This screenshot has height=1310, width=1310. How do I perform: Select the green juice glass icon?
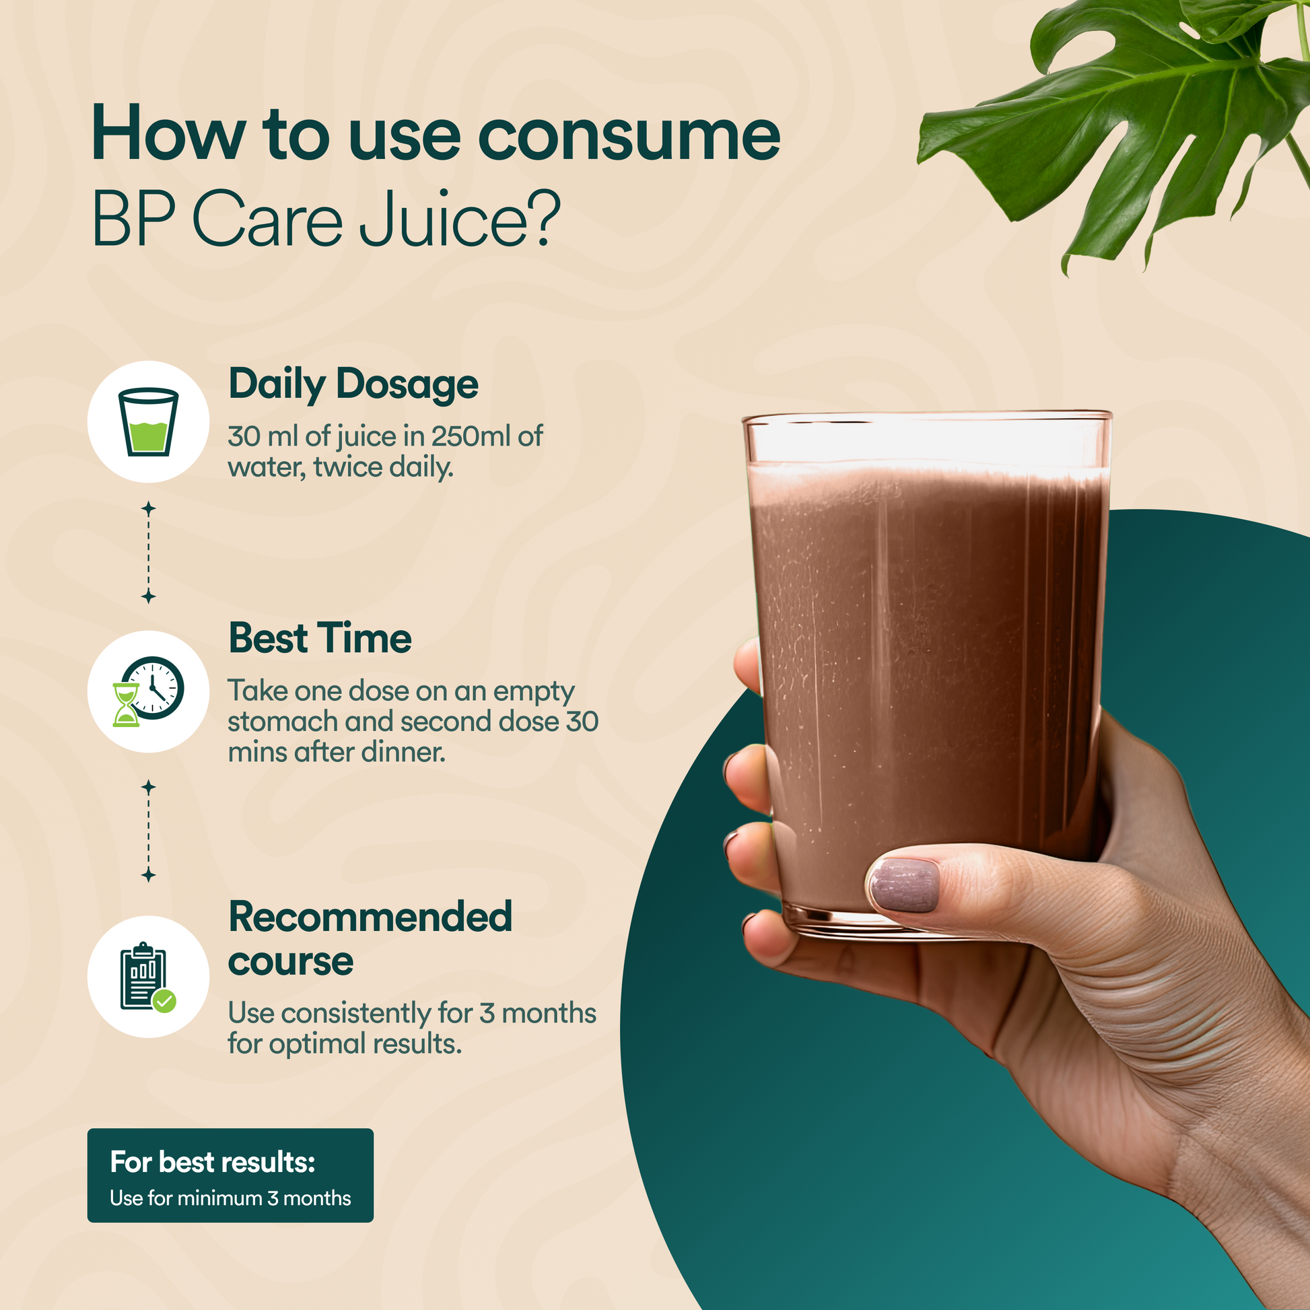point(149,422)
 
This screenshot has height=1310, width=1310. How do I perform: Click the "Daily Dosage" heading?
point(353,384)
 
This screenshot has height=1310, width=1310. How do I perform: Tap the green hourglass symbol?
point(126,705)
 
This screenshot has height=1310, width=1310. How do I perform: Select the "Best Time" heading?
point(320,638)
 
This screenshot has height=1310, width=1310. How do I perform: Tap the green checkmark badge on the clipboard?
point(164,1000)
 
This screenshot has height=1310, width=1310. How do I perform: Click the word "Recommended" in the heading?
point(370,918)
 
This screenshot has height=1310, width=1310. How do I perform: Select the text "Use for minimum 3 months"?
point(230,1198)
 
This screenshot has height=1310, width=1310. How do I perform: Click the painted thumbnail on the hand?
point(904,885)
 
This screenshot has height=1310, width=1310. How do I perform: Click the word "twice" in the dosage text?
point(348,467)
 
